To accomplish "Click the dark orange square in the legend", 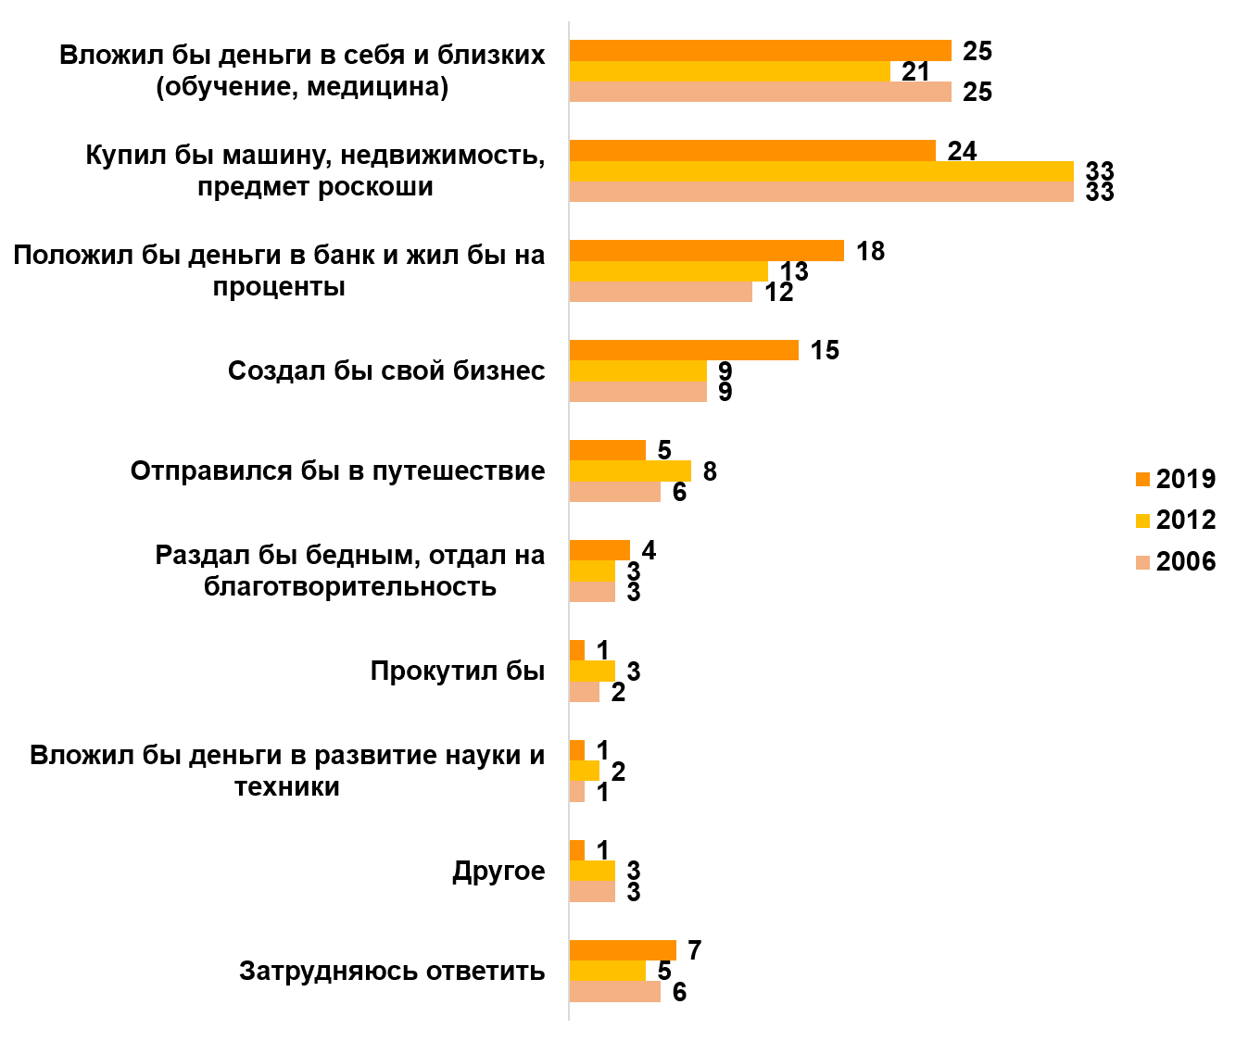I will coord(1142,480).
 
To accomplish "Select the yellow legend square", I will coord(1142,521).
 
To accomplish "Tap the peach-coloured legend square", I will coord(1142,563).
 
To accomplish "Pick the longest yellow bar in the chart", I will coord(821,171).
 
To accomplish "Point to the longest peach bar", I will coord(821,192).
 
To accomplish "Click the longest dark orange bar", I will coord(760,51).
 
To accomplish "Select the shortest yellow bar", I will coord(585,771).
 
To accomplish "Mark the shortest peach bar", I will coord(577,792).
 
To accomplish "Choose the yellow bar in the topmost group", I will coord(729,71).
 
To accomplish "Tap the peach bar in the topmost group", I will coord(760,92).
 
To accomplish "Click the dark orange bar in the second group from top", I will coord(752,151).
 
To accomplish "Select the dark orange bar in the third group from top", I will coord(706,251).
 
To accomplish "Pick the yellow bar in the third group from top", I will coord(668,271).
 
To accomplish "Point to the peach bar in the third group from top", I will coord(661,292).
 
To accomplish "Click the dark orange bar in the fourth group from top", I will coord(684,350).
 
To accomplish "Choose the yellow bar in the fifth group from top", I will coord(630,471).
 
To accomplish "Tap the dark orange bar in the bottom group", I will coord(623,950).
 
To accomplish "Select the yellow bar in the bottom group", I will coord(607,971).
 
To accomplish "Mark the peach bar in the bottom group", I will coord(614,991).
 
